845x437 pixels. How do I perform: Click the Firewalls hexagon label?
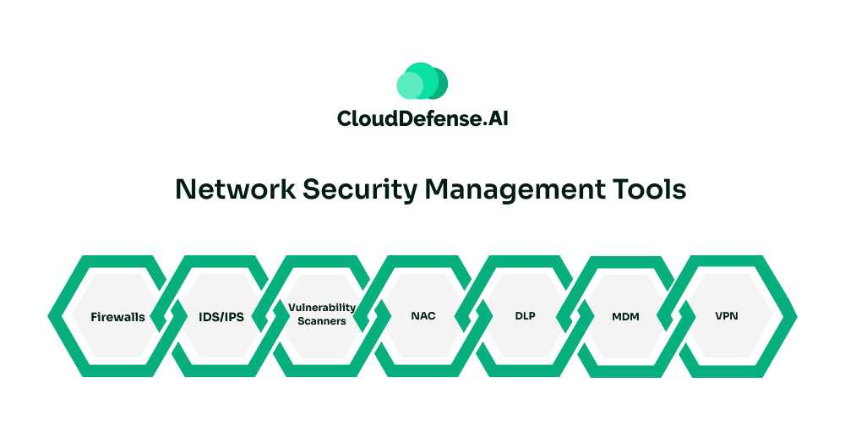point(117,318)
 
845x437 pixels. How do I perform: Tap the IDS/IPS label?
point(221,318)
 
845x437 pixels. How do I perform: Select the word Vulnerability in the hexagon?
point(321,308)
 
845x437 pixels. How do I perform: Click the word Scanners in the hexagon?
point(322,321)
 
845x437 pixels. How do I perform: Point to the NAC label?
point(423,317)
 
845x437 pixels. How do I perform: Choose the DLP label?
point(525,317)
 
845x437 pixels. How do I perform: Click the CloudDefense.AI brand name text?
point(422,119)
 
